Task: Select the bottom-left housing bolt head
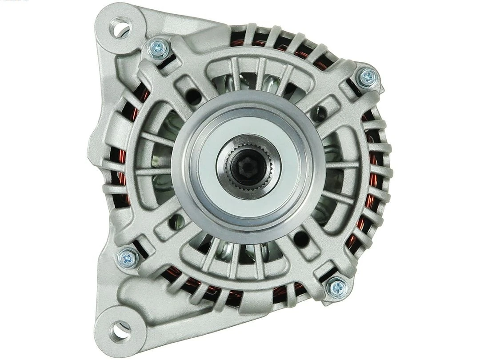pos(128,257)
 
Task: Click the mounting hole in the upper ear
pos(120,28)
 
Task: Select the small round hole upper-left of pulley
pos(192,95)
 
